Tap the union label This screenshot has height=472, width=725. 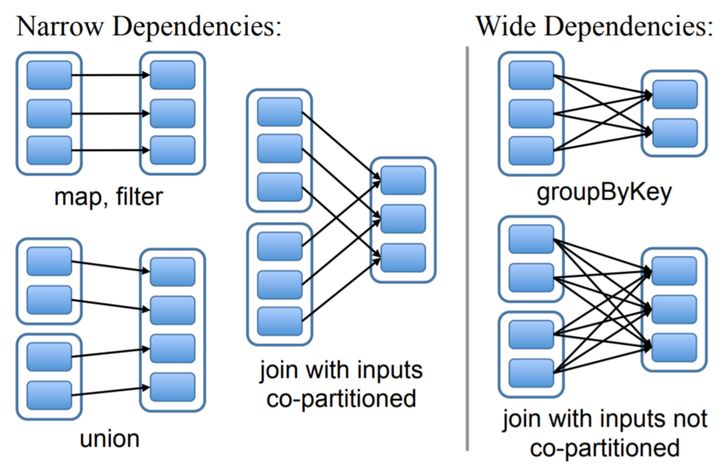point(109,438)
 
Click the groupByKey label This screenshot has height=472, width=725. point(604,193)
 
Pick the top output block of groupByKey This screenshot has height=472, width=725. point(675,94)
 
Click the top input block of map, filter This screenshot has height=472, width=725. point(49,76)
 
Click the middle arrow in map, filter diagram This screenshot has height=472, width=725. point(110,114)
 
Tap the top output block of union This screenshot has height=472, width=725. point(172,271)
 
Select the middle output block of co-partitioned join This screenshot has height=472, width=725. point(402,219)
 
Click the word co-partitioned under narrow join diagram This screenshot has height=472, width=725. point(341,398)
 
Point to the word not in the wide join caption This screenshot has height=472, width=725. point(691,418)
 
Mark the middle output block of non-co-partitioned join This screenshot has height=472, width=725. point(674,309)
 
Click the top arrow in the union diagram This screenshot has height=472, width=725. point(110,266)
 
